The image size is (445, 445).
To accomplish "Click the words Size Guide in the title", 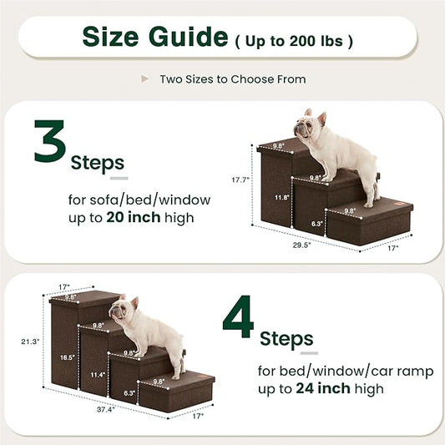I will [x=154, y=37].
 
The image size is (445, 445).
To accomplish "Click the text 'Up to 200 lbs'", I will [x=295, y=39].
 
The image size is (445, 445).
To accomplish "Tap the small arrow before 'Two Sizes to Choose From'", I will [x=145, y=79].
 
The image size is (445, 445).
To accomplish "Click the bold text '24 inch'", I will [x=321, y=389].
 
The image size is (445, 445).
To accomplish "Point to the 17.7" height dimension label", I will [x=240, y=178].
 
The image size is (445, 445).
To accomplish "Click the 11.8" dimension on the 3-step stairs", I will [x=282, y=198].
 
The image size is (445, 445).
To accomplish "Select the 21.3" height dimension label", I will [x=30, y=341].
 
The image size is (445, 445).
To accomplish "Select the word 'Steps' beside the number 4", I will [x=286, y=339].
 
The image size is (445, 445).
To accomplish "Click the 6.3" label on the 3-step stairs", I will [x=318, y=224].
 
